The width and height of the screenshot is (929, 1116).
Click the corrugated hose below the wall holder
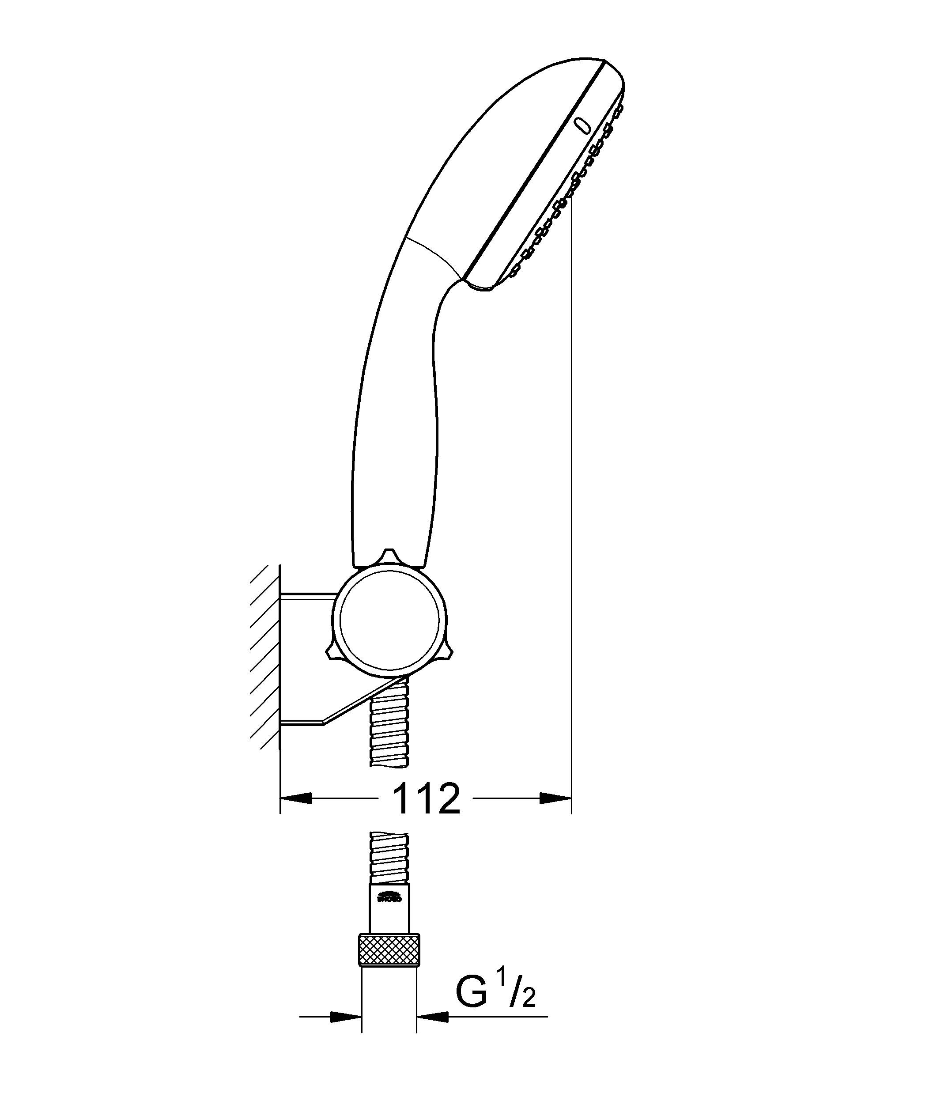coord(389,728)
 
